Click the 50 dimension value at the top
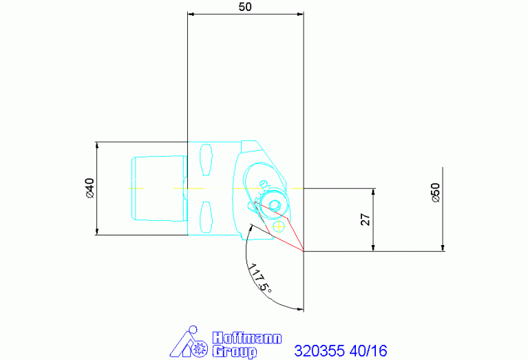tap(245, 7)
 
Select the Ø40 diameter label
tap(90, 188)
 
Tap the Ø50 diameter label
tap(436, 193)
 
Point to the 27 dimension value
tap(366, 220)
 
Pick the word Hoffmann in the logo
tap(247, 338)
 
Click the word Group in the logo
tap(234, 352)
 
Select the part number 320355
tap(319, 351)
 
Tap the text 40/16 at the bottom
tap(368, 351)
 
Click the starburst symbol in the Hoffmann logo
tap(200, 348)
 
